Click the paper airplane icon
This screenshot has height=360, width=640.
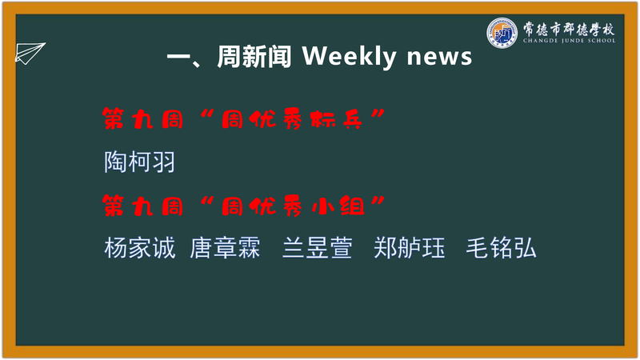30,53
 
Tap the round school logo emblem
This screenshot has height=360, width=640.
502,33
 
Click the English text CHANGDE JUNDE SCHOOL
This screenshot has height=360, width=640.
569,41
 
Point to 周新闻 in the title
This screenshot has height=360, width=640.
254,56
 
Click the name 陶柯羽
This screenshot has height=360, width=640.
139,162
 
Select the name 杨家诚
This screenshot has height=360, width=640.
139,248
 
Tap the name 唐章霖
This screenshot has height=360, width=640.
225,248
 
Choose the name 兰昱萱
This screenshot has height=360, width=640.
317,248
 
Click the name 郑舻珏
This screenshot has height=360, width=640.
410,248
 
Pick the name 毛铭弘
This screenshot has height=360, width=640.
502,248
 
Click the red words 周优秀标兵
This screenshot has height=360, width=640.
292,119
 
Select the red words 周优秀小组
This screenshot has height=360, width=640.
293,206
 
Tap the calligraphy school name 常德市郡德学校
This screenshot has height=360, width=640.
569,29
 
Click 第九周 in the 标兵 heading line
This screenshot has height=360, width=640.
143,119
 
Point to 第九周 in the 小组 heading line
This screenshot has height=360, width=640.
143,206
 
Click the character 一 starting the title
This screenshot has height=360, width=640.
178,57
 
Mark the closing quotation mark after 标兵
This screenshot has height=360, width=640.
378,114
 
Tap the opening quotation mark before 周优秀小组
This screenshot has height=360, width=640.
208,201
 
